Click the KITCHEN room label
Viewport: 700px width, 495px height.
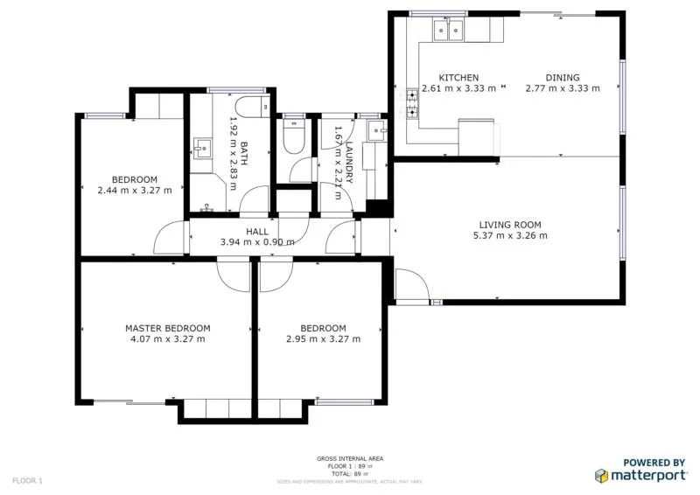458,78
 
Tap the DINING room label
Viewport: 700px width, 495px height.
563,78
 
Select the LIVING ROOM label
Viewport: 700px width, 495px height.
510,225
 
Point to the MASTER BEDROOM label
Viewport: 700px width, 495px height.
167,329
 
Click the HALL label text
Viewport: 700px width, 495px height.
257,232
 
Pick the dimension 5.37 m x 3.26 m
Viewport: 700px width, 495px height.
510,235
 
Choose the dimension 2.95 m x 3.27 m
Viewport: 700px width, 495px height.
323,339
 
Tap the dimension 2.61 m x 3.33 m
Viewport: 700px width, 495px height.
458,88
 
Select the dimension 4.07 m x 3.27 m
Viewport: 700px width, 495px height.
167,339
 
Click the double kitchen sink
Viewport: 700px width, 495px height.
450,31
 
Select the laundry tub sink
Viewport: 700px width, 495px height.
378,132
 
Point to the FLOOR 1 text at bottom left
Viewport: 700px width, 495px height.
27,480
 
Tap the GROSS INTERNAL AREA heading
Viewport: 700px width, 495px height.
350,458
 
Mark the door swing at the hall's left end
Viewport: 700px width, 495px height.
171,239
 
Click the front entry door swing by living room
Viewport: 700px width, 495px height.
411,285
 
